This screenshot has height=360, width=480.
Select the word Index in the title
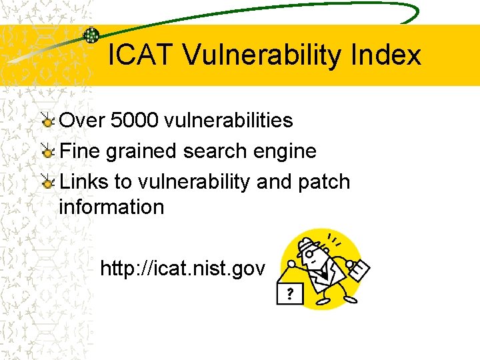pos(393,55)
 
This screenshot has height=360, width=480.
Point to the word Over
pos(83,121)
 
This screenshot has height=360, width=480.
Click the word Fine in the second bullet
pos(82,151)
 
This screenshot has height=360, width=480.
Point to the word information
pos(111,207)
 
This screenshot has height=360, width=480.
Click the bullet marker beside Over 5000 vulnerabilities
pos(48,121)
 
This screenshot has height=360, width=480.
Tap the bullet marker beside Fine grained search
pos(48,151)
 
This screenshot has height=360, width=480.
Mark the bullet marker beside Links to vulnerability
pos(48,182)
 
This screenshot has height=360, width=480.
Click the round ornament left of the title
pos(91,35)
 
